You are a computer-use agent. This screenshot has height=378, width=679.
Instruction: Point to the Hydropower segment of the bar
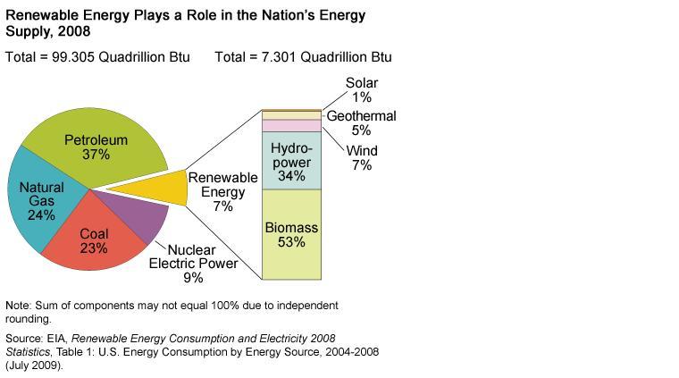click(291, 160)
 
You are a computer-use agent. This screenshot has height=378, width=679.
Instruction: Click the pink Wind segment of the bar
click(291, 126)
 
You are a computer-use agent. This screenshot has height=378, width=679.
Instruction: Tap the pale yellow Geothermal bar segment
click(291, 115)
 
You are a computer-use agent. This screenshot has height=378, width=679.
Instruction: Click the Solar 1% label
click(362, 90)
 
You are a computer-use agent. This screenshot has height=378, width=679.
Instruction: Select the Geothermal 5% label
click(361, 123)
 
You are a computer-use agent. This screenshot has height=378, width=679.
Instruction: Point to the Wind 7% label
click(362, 157)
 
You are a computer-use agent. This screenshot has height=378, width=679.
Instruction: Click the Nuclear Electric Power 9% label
click(193, 264)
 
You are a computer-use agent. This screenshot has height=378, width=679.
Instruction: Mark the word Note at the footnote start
click(19, 306)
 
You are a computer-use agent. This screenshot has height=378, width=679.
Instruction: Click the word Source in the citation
click(25, 339)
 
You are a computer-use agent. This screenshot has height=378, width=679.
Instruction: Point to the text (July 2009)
click(34, 365)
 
